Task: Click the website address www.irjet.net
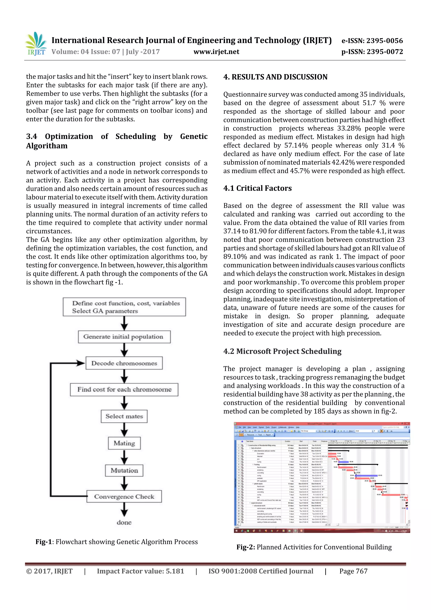coord(216,52)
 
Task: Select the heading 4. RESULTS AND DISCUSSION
coord(275,77)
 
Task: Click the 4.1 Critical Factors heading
coord(257,188)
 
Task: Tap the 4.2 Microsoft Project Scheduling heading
coord(282,351)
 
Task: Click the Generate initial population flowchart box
coord(124,337)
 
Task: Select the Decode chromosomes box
coord(124,363)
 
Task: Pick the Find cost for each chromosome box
coord(124,390)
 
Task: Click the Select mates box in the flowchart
coord(124,416)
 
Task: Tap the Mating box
coord(124,443)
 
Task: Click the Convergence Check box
coord(124,497)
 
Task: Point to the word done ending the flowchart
coord(124,523)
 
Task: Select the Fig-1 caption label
coord(44,542)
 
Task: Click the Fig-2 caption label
coord(246,547)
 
